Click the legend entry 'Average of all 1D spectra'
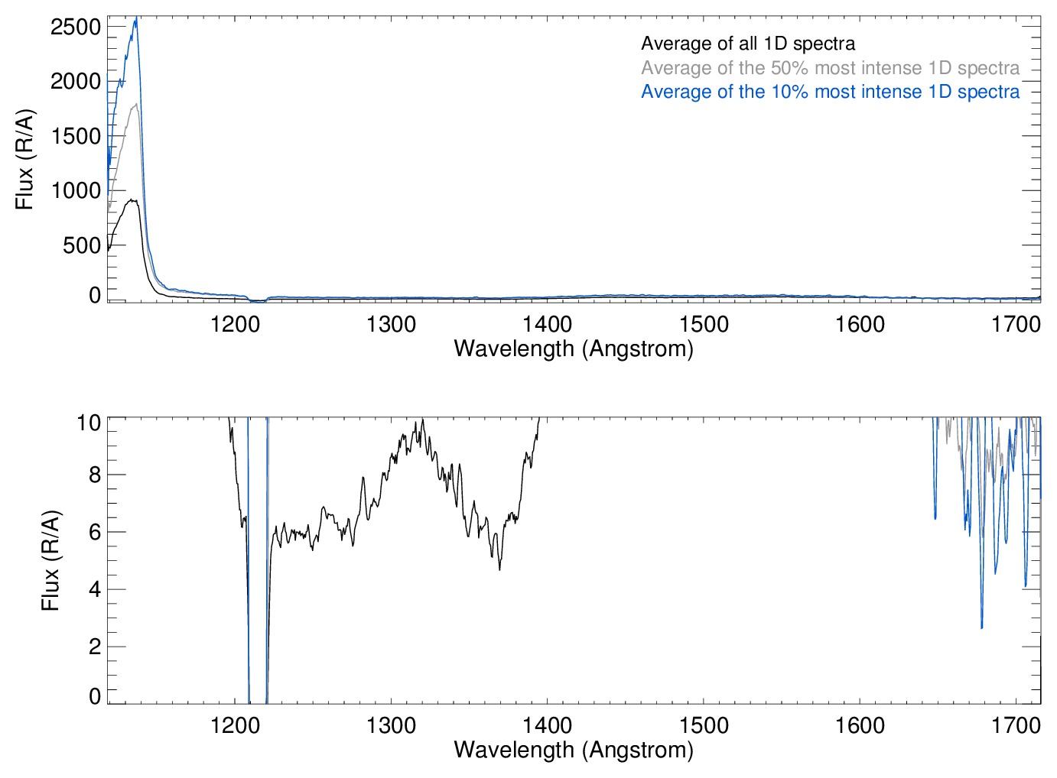[x=747, y=44]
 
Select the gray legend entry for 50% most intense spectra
[x=830, y=68]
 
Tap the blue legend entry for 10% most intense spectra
[x=830, y=92]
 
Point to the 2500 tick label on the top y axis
[x=76, y=27]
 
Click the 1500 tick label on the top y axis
[x=76, y=136]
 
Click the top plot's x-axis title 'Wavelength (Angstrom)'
[x=574, y=348]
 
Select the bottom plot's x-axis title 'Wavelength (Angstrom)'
[x=574, y=750]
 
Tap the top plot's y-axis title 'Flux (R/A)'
[x=25, y=159]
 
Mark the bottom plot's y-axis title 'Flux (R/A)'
[x=50, y=560]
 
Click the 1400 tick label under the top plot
[x=548, y=324]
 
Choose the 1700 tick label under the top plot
[x=1016, y=324]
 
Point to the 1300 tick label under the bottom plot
[x=392, y=725]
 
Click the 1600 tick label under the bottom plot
[x=860, y=725]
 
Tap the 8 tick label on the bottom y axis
[x=95, y=475]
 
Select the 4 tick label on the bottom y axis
[x=95, y=589]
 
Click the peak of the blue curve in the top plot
[x=136, y=18]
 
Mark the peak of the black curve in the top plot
[x=132, y=200]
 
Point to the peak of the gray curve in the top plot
[x=136, y=104]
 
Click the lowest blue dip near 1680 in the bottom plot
[x=981, y=627]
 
